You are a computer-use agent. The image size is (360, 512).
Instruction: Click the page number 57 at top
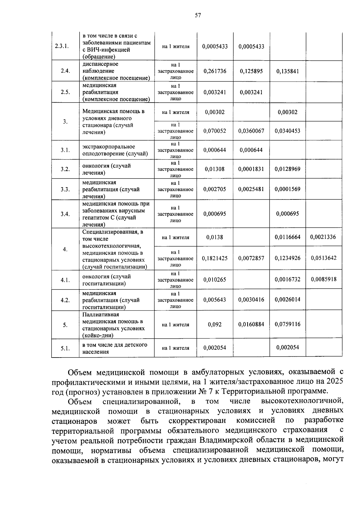197,16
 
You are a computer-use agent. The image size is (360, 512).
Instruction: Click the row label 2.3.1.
62,46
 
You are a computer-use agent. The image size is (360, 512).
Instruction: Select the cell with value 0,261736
215,71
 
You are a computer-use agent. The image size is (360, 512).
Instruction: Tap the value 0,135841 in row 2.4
287,71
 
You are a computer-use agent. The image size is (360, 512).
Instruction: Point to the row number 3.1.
65,150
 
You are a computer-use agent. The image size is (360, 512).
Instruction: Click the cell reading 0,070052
215,131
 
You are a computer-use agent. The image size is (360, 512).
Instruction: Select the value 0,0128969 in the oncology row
287,169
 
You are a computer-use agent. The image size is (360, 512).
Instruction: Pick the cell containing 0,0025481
251,189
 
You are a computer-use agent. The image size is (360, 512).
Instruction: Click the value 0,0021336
323,237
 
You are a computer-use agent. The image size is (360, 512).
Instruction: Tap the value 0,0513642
324,258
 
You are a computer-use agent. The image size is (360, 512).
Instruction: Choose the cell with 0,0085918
324,279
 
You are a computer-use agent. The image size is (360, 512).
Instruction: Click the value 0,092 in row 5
215,324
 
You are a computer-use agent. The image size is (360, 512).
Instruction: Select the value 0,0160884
251,324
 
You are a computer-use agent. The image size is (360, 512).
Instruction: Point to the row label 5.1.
65,348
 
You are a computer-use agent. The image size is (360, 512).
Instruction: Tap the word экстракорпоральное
109,147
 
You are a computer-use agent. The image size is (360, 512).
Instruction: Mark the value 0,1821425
215,258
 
